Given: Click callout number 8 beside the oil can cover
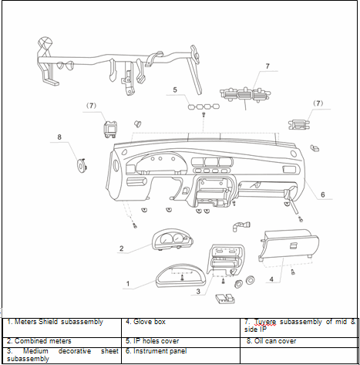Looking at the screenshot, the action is click(x=59, y=137).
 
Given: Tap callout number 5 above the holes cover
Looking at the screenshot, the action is click(x=175, y=90).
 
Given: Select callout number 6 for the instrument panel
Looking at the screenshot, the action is click(x=323, y=194).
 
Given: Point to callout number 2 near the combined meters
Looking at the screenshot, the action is click(x=122, y=248).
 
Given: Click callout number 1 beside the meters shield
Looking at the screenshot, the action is click(x=128, y=284).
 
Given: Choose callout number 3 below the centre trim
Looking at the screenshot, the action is click(x=198, y=292).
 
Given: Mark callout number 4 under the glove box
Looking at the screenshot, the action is click(x=271, y=279).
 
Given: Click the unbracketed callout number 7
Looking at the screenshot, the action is click(x=267, y=66).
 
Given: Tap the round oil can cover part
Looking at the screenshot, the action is click(x=82, y=165).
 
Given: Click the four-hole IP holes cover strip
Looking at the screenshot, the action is click(x=204, y=106).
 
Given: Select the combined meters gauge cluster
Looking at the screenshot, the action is click(x=173, y=239).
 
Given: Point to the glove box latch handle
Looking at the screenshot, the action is click(x=293, y=245).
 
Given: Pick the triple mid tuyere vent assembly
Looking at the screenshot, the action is click(x=245, y=94).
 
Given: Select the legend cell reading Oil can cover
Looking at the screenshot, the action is click(x=271, y=341).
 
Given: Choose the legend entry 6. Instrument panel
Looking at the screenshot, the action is click(x=156, y=351).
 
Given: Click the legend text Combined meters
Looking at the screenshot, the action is click(x=43, y=341).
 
